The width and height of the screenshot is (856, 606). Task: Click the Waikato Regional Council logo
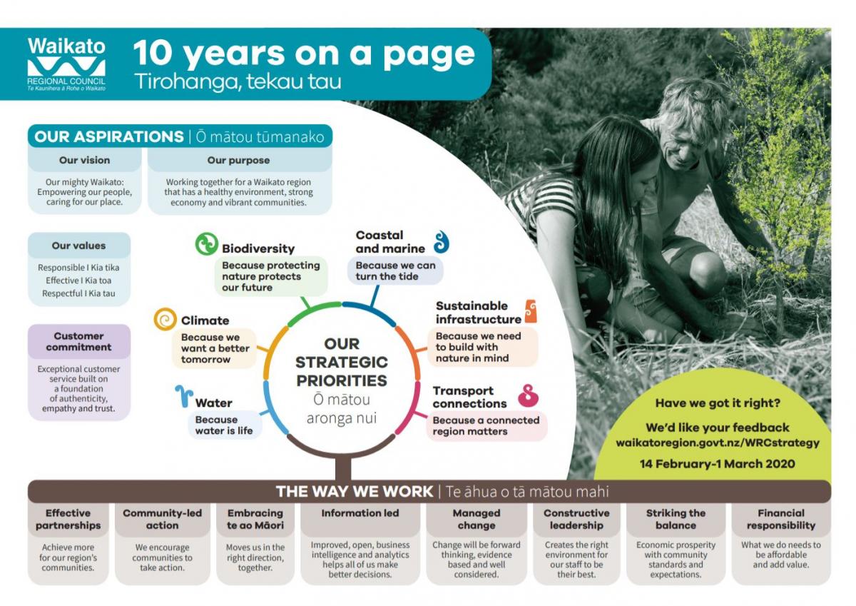coord(66,64)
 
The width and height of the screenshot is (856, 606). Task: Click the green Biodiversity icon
coord(207,244)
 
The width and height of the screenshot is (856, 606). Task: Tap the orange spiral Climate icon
coord(165,319)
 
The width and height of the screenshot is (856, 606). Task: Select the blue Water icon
coord(184,396)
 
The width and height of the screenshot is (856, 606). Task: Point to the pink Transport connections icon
coord(528,396)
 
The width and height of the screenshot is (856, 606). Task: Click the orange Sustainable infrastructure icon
coord(531,310)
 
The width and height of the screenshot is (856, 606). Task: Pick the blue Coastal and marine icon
coord(442,242)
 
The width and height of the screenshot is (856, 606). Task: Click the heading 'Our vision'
coord(84,160)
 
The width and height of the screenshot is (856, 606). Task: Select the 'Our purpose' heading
coord(238,160)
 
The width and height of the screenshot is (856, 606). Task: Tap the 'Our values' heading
coord(78,246)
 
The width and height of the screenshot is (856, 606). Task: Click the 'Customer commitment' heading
coord(78,341)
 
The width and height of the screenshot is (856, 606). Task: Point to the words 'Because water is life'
coord(224,425)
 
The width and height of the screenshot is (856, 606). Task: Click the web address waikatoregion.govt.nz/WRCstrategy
coord(718,443)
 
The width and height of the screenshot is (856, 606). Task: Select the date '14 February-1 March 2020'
coord(718,464)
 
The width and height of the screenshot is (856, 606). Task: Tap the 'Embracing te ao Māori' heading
coord(255,519)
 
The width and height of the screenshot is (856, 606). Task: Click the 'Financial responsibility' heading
coord(781,519)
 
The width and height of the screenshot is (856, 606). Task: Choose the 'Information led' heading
coord(360,513)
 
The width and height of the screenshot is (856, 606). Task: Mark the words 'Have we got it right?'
coord(718,403)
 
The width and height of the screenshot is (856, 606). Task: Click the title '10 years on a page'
coord(304,54)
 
